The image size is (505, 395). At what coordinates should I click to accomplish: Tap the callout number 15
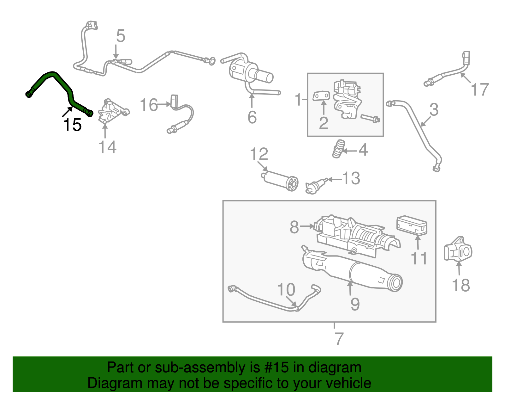click(x=73, y=125)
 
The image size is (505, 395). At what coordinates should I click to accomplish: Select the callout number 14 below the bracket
click(x=107, y=147)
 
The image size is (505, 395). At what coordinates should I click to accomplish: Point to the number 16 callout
click(x=149, y=105)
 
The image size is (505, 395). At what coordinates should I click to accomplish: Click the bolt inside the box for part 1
click(x=370, y=119)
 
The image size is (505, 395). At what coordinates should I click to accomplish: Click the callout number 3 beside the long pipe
click(x=434, y=110)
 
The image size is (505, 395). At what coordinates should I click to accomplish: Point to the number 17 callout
click(x=480, y=89)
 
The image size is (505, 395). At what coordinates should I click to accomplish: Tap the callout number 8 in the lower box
click(x=294, y=227)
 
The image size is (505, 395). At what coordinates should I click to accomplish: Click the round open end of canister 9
click(x=395, y=283)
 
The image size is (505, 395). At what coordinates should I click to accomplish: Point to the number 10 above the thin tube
click(x=286, y=289)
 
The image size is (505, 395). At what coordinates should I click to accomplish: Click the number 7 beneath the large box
click(x=338, y=339)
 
